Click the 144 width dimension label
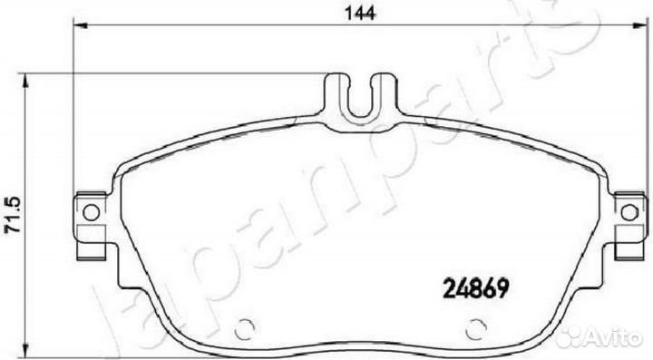coord(360,14)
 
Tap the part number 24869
coord(475,289)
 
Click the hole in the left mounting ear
coord(92,212)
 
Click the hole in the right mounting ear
coord(629,212)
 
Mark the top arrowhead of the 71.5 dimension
coord(25,82)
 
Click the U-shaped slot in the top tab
coord(360,109)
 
